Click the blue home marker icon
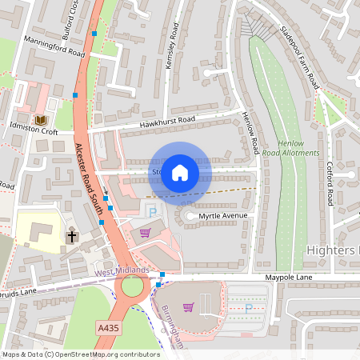[x=180, y=172]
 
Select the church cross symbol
[x=71, y=236]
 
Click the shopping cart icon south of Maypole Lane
[x=188, y=306]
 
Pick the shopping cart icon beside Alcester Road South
[x=145, y=233]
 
